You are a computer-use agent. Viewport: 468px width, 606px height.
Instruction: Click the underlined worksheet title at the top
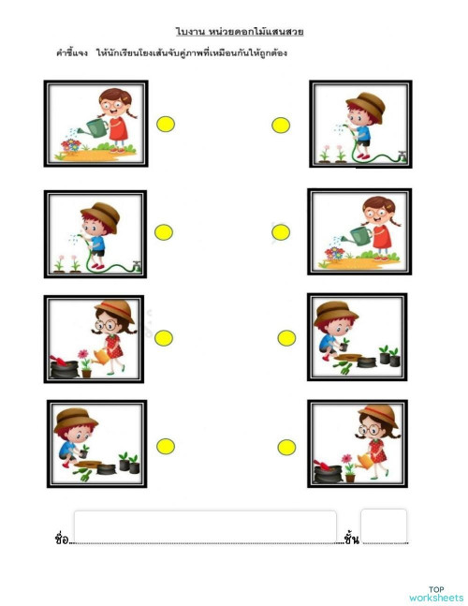[x=240, y=32]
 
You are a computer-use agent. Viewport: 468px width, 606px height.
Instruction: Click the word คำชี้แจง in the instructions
[x=72, y=52]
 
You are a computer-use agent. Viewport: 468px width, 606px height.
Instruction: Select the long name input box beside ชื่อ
[x=205, y=527]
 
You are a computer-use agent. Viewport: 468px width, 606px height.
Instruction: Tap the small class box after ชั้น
[x=384, y=526]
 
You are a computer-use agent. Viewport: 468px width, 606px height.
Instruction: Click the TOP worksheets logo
[x=436, y=595]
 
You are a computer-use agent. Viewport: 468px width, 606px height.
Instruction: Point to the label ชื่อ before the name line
[x=62, y=539]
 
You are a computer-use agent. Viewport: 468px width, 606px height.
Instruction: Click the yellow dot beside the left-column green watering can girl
[x=166, y=124]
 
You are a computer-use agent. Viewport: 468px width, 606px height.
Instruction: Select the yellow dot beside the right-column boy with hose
[x=281, y=126]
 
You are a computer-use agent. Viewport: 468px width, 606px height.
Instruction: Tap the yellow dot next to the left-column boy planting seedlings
[x=166, y=447]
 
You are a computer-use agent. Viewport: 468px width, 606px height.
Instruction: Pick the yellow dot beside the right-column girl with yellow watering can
[x=286, y=448]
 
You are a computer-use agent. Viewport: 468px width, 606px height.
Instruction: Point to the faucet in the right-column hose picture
[x=402, y=155]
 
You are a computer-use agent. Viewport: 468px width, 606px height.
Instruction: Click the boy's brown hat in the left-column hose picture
[x=101, y=215]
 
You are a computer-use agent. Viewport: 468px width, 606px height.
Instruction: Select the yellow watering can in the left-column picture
[x=101, y=357]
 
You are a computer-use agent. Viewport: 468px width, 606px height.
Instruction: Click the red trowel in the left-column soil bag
[x=58, y=361]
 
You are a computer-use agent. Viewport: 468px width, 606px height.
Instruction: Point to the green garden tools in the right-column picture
[x=343, y=367]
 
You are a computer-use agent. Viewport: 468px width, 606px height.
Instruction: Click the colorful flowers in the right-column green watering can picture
[x=334, y=254]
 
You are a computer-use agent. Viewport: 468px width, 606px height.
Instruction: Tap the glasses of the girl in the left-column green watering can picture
[x=112, y=104]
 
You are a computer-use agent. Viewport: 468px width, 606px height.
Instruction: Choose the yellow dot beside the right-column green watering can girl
[x=281, y=232]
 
